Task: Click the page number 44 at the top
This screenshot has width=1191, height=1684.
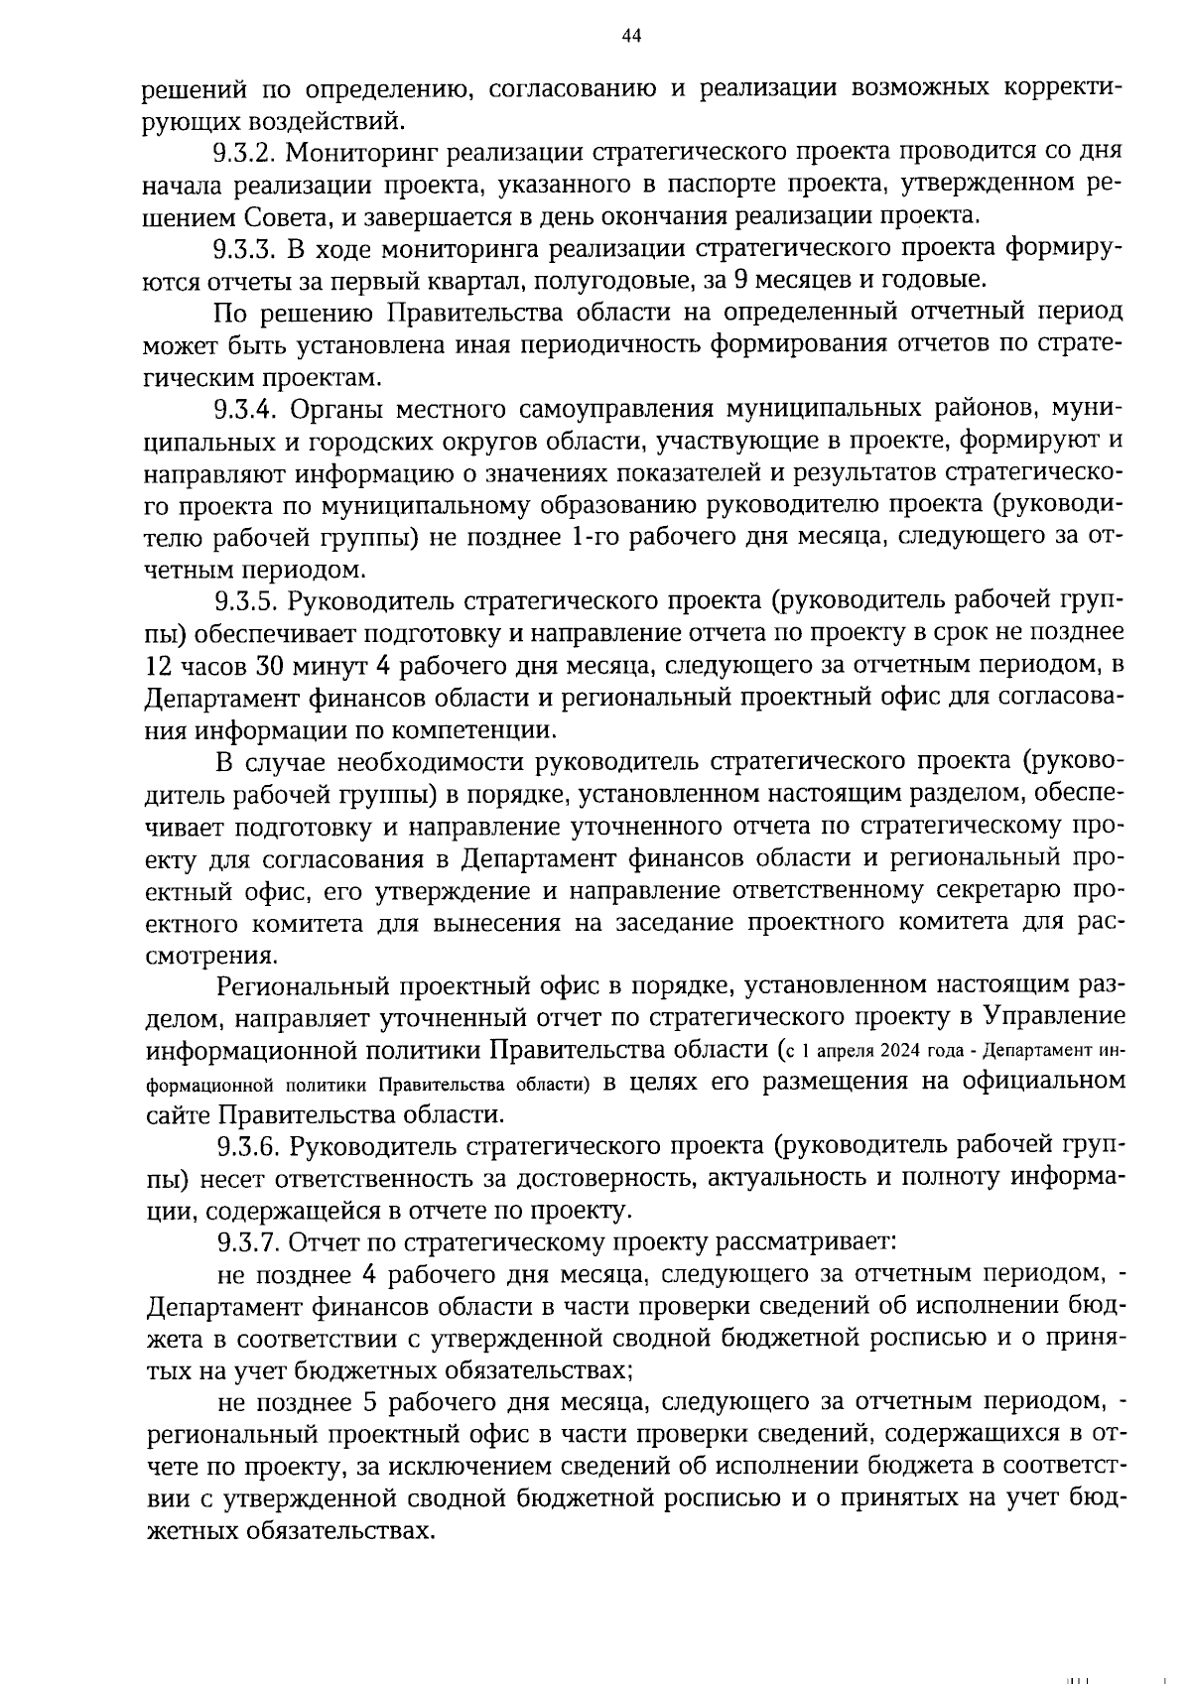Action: [631, 37]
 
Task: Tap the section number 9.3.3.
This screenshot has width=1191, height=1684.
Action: [247, 248]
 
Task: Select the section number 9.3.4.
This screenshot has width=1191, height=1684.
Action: [248, 409]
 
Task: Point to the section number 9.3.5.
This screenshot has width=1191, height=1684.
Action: [248, 601]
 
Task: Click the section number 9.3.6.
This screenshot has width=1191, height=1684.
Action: [248, 1146]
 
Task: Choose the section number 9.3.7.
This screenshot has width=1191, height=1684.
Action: [248, 1242]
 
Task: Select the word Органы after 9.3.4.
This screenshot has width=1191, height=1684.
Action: [343, 409]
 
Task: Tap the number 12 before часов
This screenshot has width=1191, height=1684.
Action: [159, 665]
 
